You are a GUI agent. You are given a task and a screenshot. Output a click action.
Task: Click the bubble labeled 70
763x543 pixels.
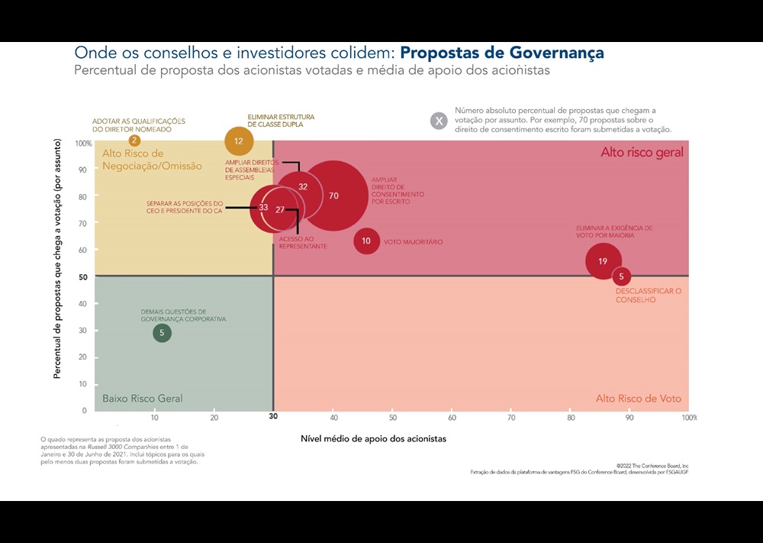tap(333, 196)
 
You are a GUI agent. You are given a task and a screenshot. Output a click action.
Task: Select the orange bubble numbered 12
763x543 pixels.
tap(239, 141)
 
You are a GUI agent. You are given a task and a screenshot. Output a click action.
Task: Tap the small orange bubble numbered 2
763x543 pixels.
tap(134, 140)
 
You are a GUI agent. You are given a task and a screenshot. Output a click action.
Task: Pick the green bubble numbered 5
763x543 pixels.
tap(162, 333)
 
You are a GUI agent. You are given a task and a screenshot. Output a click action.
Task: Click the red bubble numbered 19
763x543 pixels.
tap(603, 261)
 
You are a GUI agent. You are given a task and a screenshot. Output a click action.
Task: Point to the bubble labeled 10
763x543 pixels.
tap(366, 241)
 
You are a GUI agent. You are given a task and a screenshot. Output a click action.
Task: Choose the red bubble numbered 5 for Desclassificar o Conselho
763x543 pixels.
tap(621, 276)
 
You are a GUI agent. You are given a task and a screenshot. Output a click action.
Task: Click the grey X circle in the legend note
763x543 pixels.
tap(439, 120)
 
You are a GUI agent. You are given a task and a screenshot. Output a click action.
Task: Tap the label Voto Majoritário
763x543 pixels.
tap(413, 242)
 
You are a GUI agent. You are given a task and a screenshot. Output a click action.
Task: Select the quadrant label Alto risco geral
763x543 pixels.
tap(642, 153)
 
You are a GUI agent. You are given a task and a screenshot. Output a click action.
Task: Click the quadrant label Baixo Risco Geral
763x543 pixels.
tap(143, 399)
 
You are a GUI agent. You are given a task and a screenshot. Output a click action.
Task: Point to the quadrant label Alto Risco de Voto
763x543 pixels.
tap(638, 399)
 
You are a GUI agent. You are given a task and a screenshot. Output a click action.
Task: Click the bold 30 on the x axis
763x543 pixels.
tap(273, 418)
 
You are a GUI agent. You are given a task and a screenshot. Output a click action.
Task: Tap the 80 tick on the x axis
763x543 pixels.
tap(571, 418)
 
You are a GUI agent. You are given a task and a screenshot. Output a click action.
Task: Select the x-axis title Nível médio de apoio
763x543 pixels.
tap(373, 439)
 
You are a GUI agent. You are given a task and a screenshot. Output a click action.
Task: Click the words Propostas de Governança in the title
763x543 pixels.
tap(502, 53)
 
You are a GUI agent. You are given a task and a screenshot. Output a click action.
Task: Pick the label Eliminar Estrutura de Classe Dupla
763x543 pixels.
tap(281, 121)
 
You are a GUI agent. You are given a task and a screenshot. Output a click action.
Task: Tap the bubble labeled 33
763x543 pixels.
tap(263, 208)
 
